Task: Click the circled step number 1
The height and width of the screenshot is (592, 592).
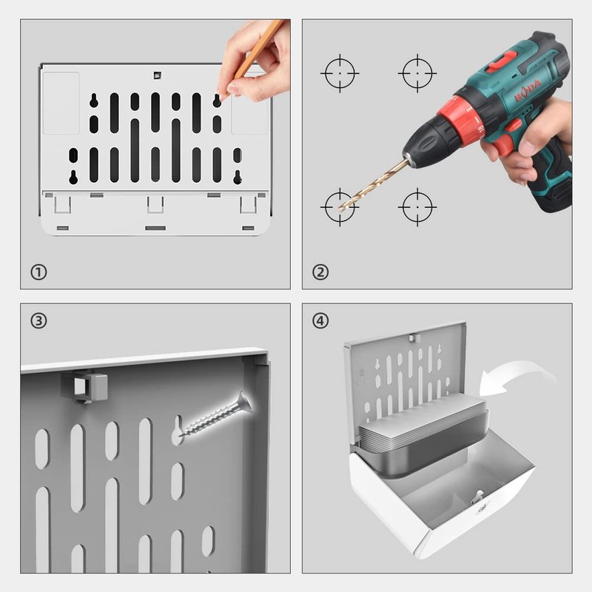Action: [38, 272]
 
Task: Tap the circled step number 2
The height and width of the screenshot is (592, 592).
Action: [320, 272]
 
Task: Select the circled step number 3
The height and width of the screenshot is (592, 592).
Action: [38, 321]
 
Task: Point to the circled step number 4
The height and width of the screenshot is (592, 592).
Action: [320, 321]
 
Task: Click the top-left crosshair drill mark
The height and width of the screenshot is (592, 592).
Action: [340, 73]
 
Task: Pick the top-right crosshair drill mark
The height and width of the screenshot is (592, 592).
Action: [417, 73]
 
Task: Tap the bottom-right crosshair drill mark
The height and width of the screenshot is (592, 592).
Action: [417, 207]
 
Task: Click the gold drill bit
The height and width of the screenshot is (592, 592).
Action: [373, 185]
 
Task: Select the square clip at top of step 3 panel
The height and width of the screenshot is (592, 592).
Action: [84, 386]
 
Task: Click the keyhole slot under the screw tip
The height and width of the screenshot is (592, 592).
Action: [178, 430]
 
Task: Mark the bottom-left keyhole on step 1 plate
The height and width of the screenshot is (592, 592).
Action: [73, 177]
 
